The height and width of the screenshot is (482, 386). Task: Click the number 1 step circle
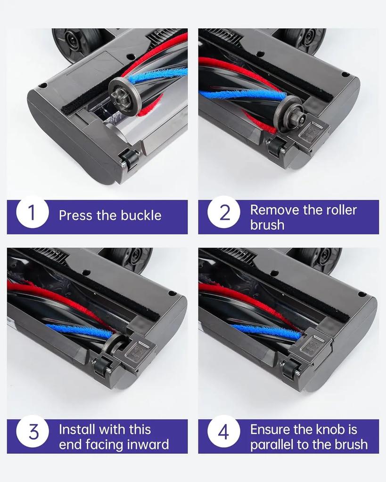click(x=33, y=212)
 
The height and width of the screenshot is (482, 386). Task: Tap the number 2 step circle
click(x=224, y=212)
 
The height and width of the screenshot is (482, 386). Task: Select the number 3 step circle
click(x=33, y=432)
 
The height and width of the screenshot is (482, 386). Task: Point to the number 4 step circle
click(x=224, y=432)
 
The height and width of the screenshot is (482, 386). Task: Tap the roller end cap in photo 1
click(x=123, y=96)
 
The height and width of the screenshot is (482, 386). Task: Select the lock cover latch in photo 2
click(x=311, y=134)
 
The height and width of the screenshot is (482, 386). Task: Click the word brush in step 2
click(x=267, y=225)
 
